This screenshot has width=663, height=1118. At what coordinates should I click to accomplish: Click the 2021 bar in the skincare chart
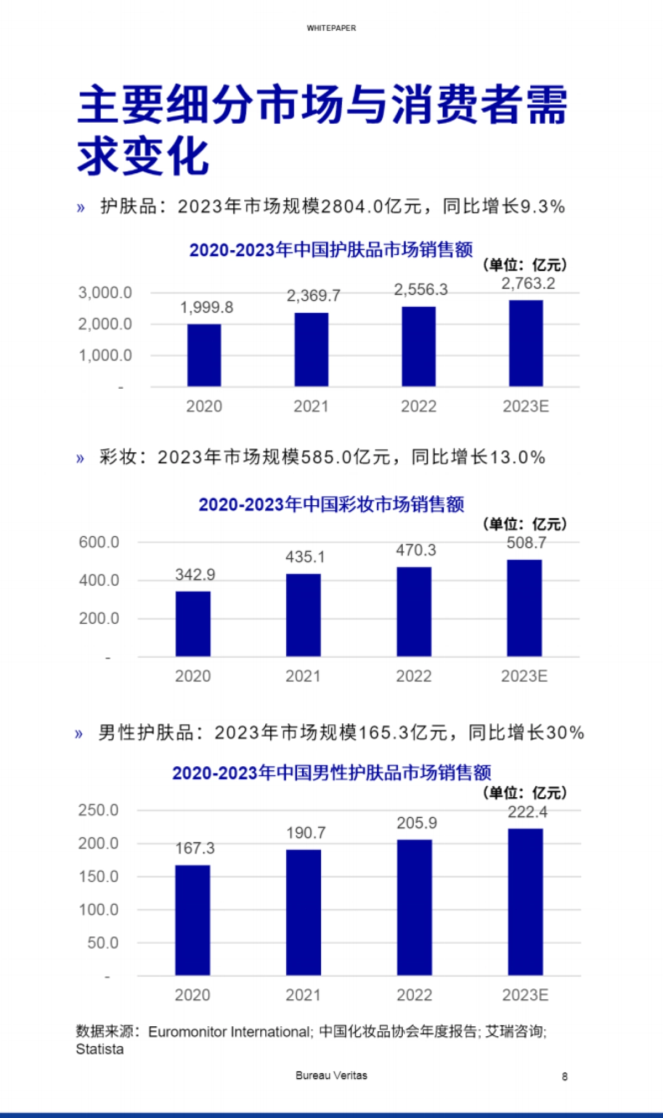(311, 349)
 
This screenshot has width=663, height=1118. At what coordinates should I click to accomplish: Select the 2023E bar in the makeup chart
(524, 608)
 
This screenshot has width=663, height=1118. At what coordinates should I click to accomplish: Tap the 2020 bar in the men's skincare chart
(192, 920)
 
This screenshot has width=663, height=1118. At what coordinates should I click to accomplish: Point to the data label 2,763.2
(528, 283)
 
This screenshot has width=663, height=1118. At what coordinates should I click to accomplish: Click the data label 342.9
(195, 575)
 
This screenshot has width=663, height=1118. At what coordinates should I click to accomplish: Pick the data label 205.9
(417, 823)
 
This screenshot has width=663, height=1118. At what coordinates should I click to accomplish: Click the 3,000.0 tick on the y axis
(105, 293)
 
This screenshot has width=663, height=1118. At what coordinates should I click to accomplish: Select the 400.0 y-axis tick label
(99, 580)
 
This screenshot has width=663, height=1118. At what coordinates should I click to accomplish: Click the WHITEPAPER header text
(331, 28)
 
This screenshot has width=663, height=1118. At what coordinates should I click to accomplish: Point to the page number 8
(565, 1076)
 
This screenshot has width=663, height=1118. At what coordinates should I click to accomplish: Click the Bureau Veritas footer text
(331, 1075)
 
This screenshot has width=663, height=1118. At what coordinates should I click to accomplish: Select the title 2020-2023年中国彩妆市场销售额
(331, 504)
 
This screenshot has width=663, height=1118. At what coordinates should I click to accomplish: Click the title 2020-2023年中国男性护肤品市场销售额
(331, 772)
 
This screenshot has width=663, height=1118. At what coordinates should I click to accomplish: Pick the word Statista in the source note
(99, 1050)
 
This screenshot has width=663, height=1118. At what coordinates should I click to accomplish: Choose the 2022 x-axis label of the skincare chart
(418, 406)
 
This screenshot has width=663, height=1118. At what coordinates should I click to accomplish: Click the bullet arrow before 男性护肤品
(79, 734)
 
